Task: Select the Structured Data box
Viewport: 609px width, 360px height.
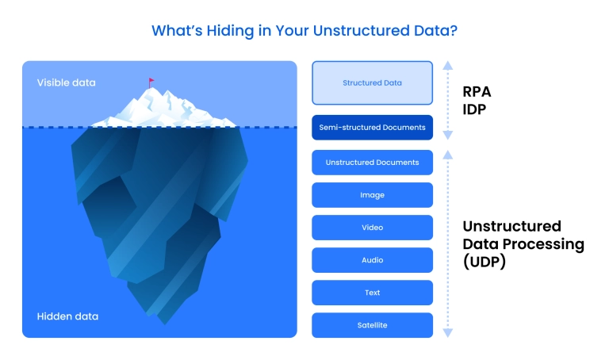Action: click(372, 82)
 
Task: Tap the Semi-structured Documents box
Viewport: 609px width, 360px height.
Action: click(372, 127)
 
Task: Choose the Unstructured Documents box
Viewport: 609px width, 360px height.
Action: click(372, 163)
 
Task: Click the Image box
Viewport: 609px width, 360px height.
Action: click(372, 195)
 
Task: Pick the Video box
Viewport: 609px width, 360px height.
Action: click(372, 228)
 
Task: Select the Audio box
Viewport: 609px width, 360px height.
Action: click(372, 260)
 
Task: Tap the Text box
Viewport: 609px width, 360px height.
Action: click(372, 293)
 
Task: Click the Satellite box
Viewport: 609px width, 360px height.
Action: click(372, 325)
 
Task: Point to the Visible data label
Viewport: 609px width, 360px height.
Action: click(66, 82)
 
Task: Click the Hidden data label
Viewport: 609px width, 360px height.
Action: click(67, 316)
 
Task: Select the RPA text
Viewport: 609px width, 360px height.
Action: click(478, 91)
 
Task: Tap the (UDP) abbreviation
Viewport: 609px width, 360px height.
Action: click(485, 262)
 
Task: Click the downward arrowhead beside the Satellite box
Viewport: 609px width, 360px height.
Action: click(448, 333)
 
